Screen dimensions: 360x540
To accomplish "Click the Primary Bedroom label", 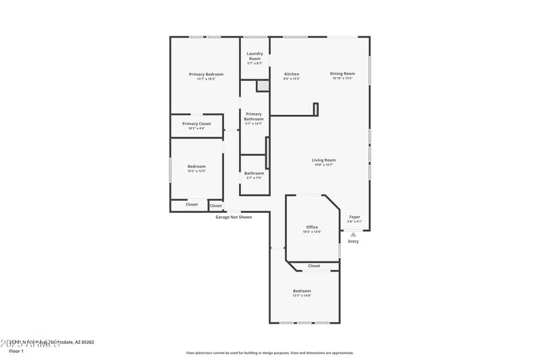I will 206,74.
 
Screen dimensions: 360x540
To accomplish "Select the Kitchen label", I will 292,74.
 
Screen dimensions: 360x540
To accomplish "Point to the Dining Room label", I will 342,74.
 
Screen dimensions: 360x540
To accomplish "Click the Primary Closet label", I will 196,124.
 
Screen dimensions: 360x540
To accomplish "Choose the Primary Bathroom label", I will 254,116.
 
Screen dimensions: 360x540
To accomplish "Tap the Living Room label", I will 324,160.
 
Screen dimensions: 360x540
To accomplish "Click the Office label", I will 312,227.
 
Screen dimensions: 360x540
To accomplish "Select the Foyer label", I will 354,217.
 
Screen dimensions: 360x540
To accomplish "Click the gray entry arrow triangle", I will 353,234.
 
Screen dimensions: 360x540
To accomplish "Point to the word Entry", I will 353,241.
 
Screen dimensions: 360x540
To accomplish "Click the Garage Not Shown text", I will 234,217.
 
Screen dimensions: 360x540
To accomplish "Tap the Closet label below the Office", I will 314,265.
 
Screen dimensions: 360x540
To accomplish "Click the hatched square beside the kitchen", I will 262,86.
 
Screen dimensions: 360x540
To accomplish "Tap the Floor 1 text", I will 16,351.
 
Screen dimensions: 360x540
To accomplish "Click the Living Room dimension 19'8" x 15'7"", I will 324,165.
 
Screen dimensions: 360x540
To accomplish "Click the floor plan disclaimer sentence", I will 269,353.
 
